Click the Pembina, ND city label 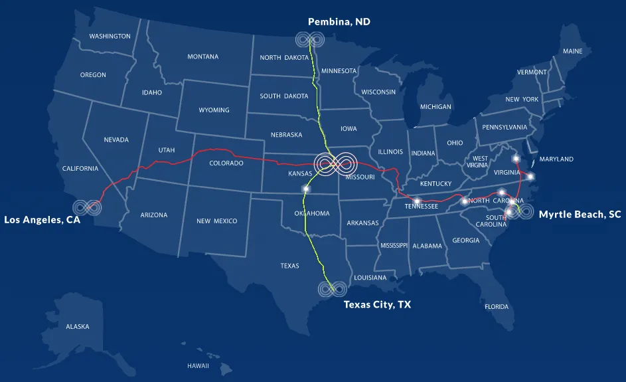(x=339, y=22)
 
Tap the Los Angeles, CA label (x=42, y=219)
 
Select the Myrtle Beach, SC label (x=580, y=215)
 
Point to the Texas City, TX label (x=377, y=305)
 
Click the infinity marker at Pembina (x=309, y=40)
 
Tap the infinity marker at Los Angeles (x=88, y=207)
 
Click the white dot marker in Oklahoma (x=306, y=189)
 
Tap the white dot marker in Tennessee (x=417, y=201)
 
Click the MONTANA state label (x=202, y=56)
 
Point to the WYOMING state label (x=214, y=110)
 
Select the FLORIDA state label (x=496, y=307)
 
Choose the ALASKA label (x=77, y=327)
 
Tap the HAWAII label (x=198, y=366)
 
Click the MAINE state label (x=572, y=51)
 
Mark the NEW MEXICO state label (x=216, y=221)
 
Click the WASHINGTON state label (x=110, y=37)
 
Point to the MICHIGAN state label (x=435, y=107)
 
